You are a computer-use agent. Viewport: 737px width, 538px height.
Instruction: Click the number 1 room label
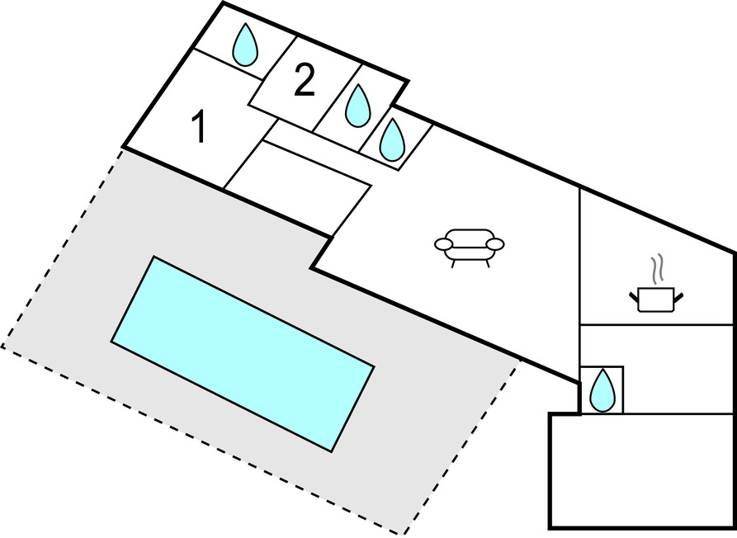198,128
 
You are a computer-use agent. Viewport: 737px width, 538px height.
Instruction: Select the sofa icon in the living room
469,246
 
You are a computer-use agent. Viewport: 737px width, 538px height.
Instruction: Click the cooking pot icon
656,298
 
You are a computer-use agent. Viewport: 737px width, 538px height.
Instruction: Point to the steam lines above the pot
657,269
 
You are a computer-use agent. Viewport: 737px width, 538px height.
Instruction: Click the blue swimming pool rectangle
243,353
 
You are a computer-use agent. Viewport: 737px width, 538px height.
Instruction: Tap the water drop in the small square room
602,389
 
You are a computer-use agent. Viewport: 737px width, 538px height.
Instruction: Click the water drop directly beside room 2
357,106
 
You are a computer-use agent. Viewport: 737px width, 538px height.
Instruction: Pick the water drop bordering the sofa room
392,140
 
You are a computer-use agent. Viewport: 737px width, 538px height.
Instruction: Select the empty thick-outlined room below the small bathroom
641,470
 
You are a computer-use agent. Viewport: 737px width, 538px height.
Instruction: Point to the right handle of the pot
678,293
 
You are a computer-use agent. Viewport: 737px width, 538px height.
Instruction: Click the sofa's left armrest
443,244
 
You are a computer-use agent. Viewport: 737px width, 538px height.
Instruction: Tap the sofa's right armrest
495,244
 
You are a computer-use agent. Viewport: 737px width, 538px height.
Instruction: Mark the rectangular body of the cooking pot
657,300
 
